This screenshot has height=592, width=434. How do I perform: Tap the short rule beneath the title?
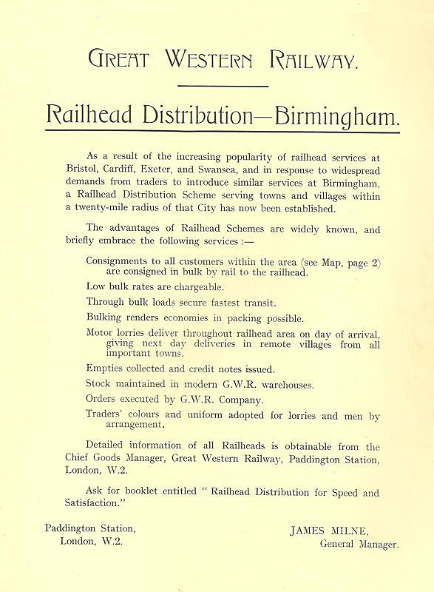point(222,86)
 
